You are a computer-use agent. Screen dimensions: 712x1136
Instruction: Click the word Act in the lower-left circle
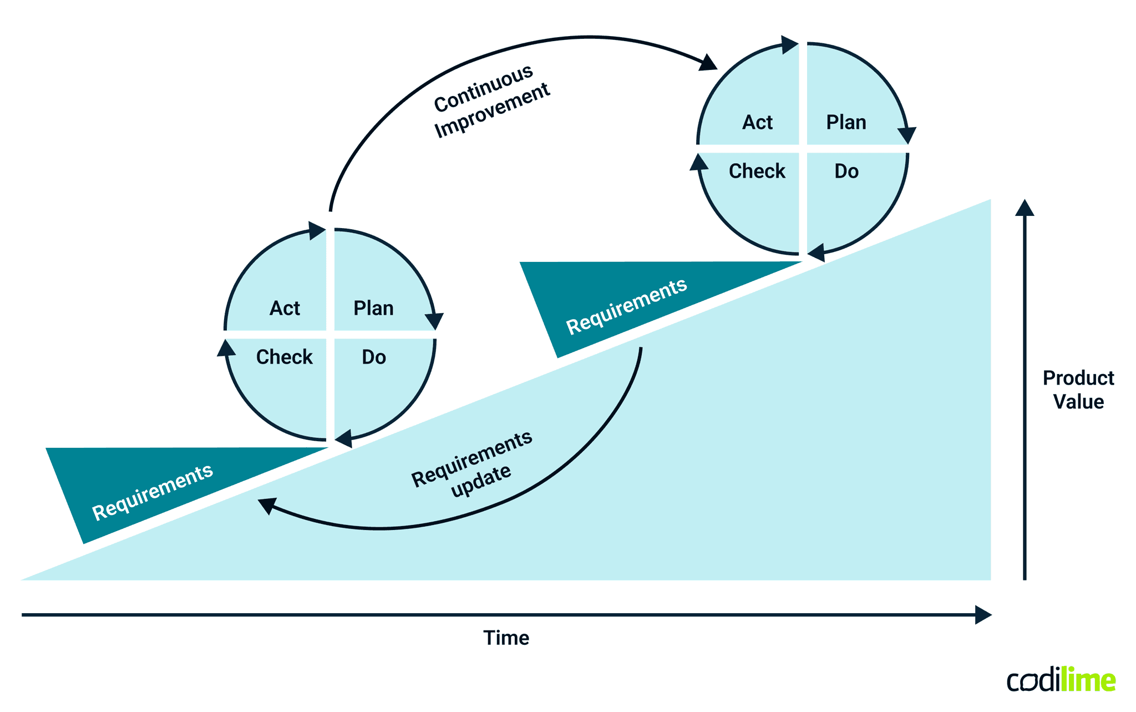[x=285, y=308]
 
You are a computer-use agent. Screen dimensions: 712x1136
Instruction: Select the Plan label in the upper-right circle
[x=846, y=122]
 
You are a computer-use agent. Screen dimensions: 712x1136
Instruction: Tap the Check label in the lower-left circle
[x=284, y=357]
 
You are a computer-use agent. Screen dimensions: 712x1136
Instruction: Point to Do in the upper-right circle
[x=846, y=171]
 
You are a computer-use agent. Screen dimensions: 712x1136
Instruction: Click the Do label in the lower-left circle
[x=374, y=357]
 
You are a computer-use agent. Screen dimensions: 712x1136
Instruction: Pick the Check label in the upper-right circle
[x=757, y=171]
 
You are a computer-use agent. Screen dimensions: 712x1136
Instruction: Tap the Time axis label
[x=506, y=638]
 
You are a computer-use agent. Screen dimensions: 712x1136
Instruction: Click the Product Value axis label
[x=1078, y=390]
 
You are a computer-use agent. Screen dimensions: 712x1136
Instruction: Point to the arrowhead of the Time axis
[x=983, y=615]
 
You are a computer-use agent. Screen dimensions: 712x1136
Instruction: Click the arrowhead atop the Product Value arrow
[x=1025, y=208]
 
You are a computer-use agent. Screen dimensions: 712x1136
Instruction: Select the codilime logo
[x=1061, y=680]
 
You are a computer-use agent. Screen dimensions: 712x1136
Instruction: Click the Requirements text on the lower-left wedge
[x=153, y=492]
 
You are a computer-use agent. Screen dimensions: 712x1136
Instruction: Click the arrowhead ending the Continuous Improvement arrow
[x=708, y=63]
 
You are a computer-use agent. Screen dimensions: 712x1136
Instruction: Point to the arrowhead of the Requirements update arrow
[x=267, y=505]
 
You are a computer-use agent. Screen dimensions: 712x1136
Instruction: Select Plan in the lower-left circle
[x=373, y=308]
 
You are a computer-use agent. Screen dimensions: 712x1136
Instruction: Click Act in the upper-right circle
[x=757, y=122]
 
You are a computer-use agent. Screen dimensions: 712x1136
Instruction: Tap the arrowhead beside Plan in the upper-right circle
[x=906, y=135]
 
